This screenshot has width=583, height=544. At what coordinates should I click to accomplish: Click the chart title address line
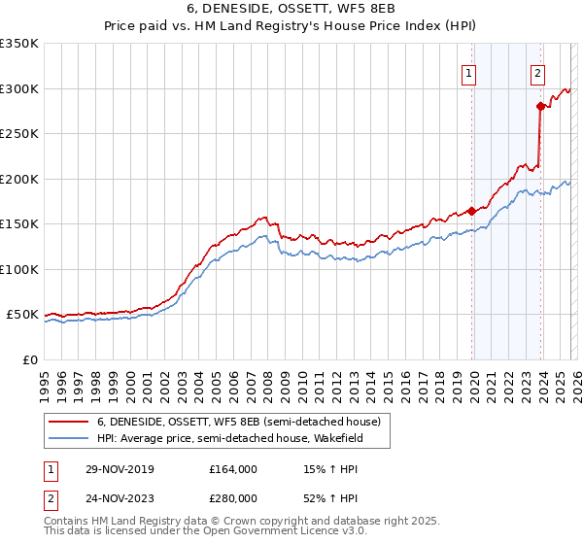pyautogui.click(x=291, y=10)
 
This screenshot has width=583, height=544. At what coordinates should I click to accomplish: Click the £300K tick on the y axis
pyautogui.click(x=19, y=88)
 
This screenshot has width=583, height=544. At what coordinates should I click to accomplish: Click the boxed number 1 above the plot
pyautogui.click(x=469, y=71)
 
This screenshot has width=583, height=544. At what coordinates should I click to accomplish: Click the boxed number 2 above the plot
pyautogui.click(x=537, y=71)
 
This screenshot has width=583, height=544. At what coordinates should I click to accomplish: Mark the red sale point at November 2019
pyautogui.click(x=471, y=211)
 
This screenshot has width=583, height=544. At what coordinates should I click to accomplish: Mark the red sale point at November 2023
pyautogui.click(x=539, y=107)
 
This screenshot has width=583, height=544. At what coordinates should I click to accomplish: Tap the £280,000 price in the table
pyautogui.click(x=233, y=497)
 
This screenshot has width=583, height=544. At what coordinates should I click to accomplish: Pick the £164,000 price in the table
pyautogui.click(x=233, y=469)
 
